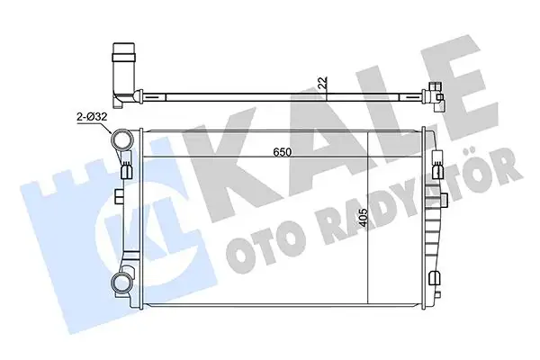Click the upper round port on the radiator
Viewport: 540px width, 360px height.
pyautogui.click(x=120, y=140)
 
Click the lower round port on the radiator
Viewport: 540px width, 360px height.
pyautogui.click(x=120, y=284)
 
